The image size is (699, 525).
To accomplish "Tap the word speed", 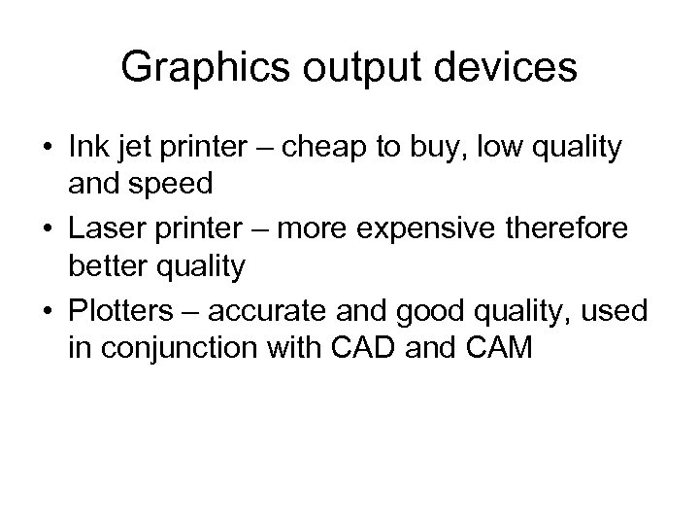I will point(166,183).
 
